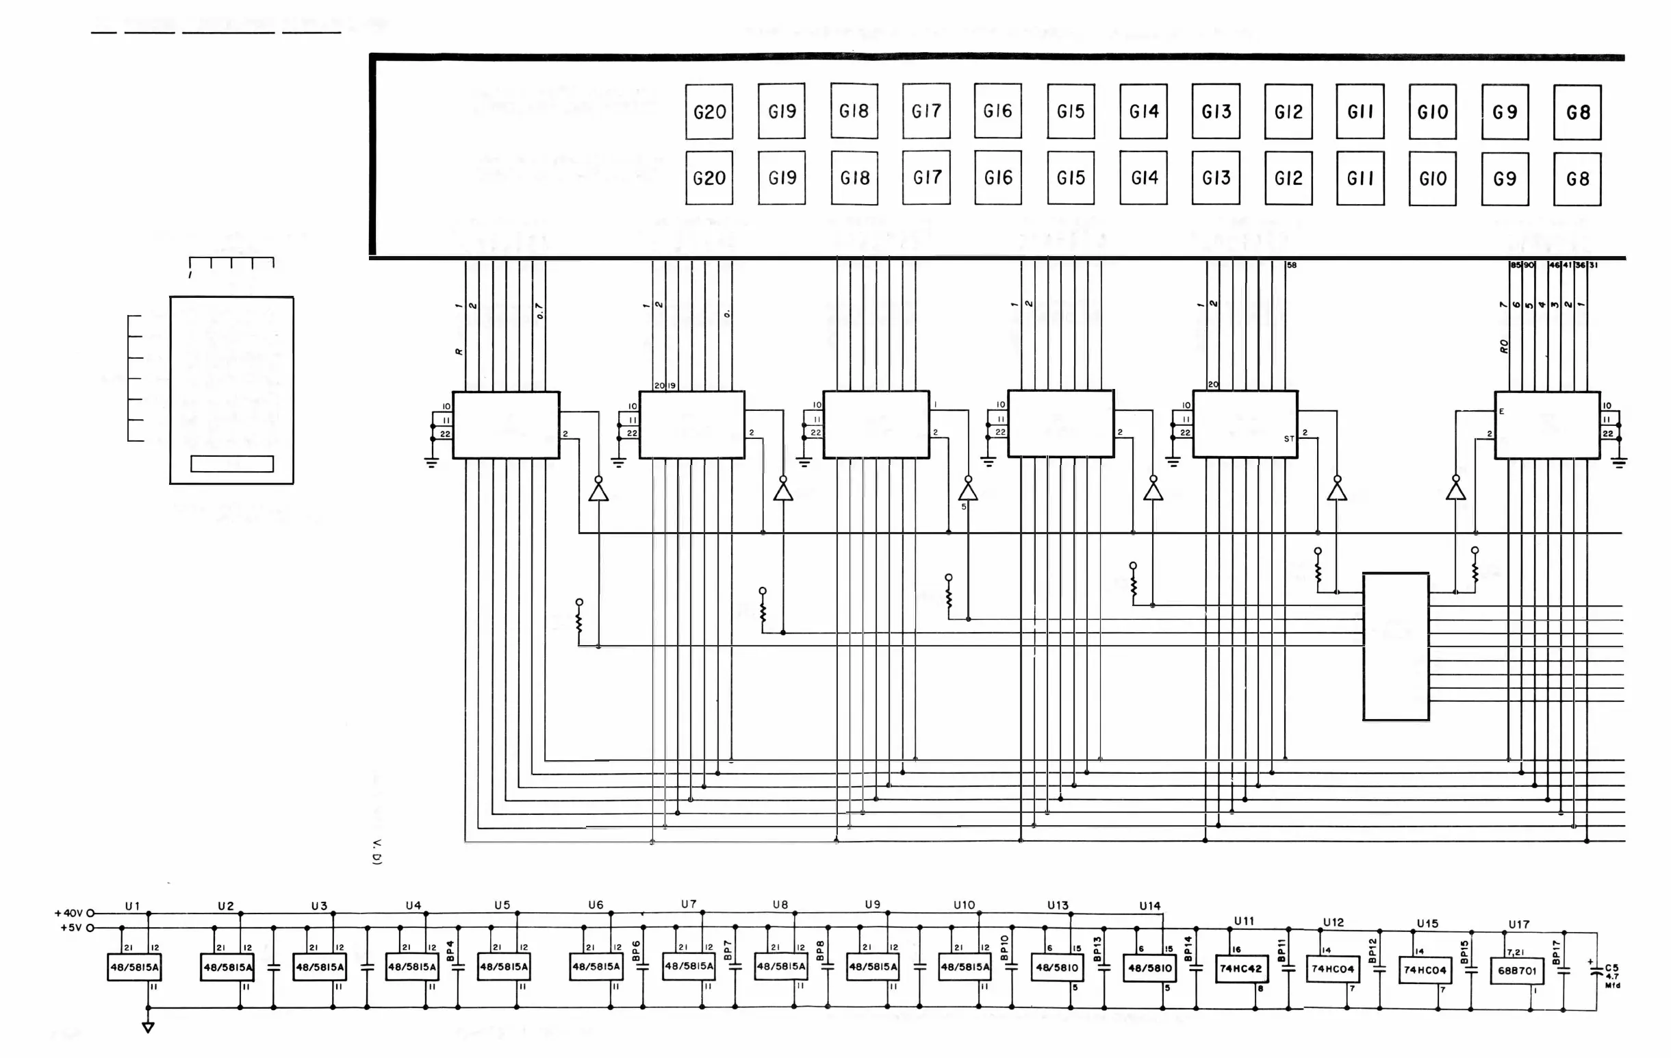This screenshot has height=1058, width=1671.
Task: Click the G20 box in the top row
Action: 709,112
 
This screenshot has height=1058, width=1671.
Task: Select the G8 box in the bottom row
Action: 1577,179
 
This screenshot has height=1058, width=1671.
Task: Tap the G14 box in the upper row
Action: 1144,111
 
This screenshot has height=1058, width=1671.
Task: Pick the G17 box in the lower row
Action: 926,178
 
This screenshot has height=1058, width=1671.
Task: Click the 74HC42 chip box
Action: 1241,969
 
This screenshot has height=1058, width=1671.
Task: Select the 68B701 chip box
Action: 1517,970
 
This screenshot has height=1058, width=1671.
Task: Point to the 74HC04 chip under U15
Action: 1425,970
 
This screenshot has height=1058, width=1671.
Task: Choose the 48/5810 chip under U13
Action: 1057,967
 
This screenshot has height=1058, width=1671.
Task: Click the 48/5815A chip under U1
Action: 135,967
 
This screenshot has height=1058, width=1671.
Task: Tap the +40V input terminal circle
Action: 90,914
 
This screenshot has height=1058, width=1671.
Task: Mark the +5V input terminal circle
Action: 90,927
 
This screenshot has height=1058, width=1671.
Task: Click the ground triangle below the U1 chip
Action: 148,1027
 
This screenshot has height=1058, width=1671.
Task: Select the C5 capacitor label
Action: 1611,968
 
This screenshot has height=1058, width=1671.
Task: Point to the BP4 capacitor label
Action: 450,951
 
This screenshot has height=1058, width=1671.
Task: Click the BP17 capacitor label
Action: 1555,953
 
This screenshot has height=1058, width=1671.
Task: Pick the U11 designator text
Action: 1244,921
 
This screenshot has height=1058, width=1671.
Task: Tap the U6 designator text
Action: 596,905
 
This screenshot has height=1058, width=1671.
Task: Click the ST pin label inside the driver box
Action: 1288,439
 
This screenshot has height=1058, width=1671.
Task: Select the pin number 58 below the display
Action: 1292,265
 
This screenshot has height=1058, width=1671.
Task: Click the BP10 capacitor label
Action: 1004,948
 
